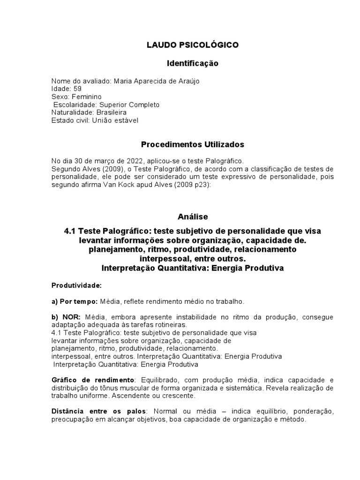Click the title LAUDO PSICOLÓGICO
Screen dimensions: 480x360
(192, 45)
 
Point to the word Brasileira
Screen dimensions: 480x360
(111, 112)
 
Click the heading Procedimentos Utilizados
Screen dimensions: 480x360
(192, 144)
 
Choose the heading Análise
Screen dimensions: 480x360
(192, 217)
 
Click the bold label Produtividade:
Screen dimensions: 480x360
(76, 285)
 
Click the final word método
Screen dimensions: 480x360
(292, 420)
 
